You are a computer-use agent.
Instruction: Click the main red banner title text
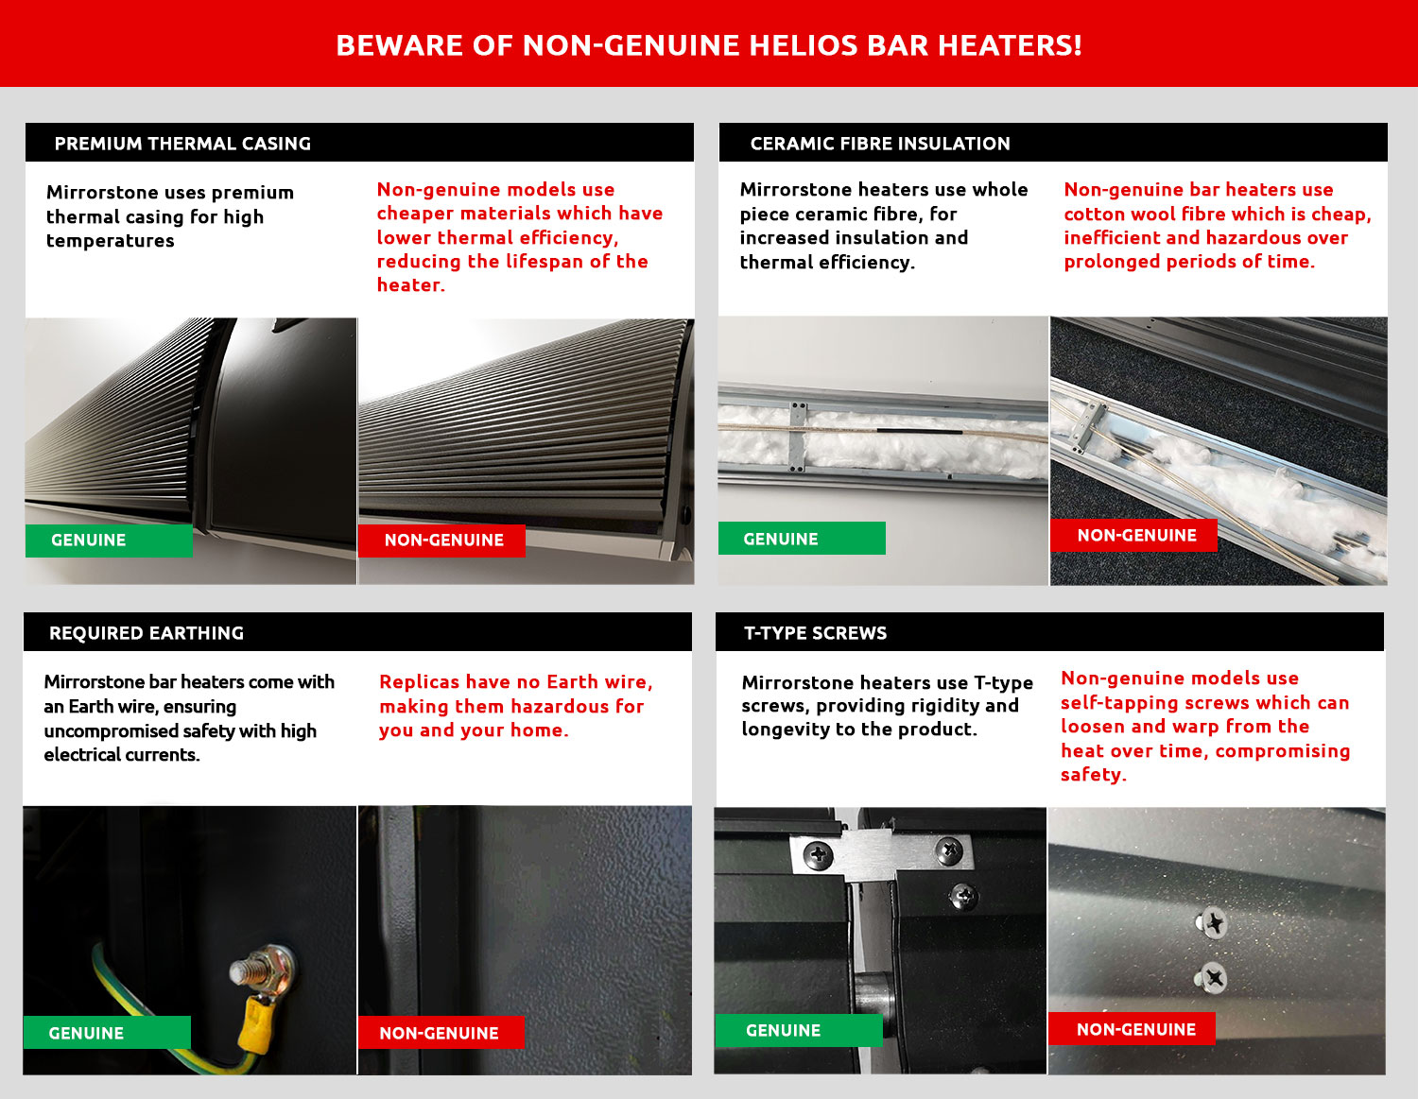pyautogui.click(x=709, y=45)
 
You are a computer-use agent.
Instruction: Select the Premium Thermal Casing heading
pyautogui.click(x=182, y=144)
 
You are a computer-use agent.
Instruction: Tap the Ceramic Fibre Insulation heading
pyautogui.click(x=879, y=144)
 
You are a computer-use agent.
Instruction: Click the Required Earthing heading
pyautogui.click(x=147, y=633)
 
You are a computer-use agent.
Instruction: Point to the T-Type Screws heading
pyautogui.click(x=815, y=633)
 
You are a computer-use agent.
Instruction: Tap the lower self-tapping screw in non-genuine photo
pyautogui.click(x=1211, y=979)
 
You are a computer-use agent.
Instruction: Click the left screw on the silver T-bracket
pyautogui.click(x=817, y=856)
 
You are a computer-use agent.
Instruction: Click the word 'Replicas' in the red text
pyautogui.click(x=419, y=682)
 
